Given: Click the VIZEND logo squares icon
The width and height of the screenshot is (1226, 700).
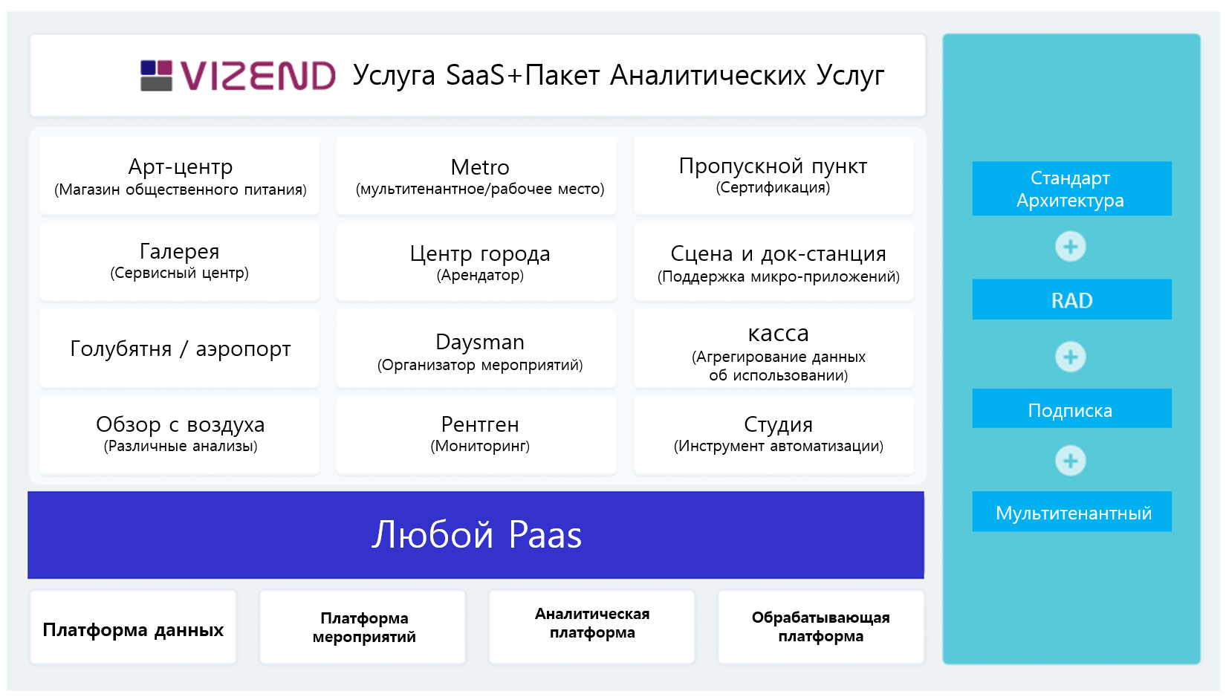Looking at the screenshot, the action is point(157,75).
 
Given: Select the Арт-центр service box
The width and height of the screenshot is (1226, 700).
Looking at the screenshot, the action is point(180,175).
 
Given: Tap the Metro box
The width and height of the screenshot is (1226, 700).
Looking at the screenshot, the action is point(476,175).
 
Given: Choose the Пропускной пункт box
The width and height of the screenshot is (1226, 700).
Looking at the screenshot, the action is point(774,175).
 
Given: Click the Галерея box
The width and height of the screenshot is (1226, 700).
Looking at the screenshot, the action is point(180,262).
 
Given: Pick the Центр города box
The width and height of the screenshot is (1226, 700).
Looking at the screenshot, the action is point(476,262).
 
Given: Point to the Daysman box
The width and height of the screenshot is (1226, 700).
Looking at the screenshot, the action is point(476,349).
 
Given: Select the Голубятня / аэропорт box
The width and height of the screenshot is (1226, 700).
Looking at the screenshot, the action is point(180,349).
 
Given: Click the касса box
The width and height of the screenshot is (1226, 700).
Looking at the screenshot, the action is point(774,349).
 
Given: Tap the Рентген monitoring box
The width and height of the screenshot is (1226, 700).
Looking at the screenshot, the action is point(476,435).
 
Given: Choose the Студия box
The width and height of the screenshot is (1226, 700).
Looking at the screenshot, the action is point(774,435).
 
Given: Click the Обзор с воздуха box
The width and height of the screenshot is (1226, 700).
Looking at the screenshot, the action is point(180,435).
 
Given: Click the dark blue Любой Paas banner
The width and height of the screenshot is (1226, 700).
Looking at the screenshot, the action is point(476,535).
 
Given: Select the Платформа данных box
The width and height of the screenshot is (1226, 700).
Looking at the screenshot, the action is point(133,627).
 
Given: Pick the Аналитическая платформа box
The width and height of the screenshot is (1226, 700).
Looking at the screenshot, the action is point(591,627).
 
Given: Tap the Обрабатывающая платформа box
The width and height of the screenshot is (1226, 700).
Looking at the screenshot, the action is point(821,627).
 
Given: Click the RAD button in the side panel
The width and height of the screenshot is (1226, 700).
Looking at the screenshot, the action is point(1071,299).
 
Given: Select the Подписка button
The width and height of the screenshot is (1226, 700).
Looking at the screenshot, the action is point(1071,408).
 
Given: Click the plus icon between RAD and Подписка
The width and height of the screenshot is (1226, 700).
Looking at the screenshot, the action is point(1071,357).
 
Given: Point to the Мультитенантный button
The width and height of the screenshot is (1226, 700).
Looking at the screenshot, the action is point(1071,512).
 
